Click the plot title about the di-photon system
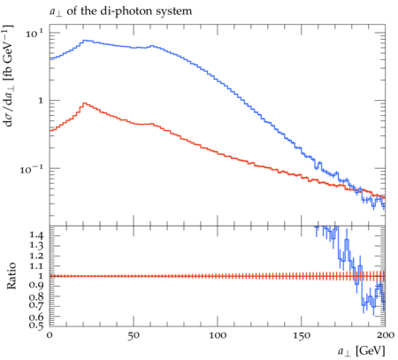[120, 11]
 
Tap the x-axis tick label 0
[50, 335]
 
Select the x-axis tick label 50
[134, 335]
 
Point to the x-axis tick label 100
[218, 335]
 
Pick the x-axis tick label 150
[302, 335]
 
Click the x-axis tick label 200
[386, 335]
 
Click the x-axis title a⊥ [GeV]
[362, 351]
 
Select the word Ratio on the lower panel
[11, 276]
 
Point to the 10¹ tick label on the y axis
[34, 33]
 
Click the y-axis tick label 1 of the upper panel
[41, 101]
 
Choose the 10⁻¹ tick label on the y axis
[31, 169]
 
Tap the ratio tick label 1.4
[36, 235]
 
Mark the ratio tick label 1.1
[36, 266]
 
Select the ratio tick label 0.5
[36, 325]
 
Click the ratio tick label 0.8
[36, 296]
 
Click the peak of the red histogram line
[85, 103]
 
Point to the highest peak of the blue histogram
[85, 41]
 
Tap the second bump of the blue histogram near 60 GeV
[152, 46]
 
